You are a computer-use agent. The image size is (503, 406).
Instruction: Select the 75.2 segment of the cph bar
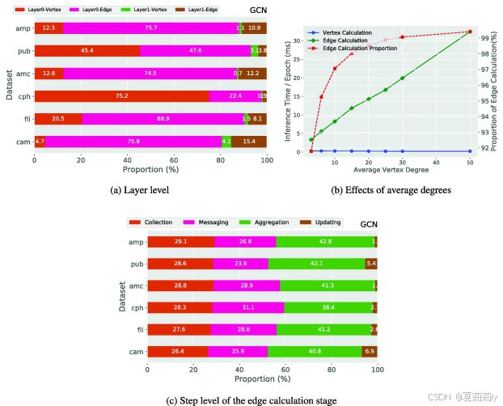point(121,95)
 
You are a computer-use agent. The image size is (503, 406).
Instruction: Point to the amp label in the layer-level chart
point(23,28)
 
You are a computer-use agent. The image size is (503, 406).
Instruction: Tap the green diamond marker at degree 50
point(470,32)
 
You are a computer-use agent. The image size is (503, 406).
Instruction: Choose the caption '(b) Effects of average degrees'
point(382,191)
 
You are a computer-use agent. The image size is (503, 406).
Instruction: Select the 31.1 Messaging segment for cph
point(247,307)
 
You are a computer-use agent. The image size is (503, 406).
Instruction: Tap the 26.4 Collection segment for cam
point(177,351)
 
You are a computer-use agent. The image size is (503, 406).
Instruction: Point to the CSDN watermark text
point(442,397)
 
